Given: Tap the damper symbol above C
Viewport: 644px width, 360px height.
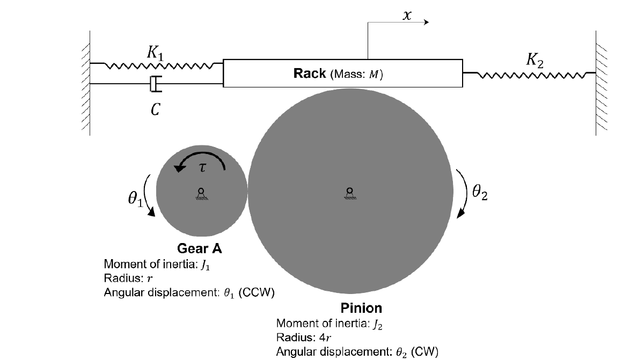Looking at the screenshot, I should coord(155,84).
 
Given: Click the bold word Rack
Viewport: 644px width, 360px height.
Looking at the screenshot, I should coord(310,74).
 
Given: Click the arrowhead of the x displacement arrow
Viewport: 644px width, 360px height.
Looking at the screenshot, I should coord(426,22).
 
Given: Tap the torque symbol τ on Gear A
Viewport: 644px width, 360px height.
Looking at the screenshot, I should coord(202,167).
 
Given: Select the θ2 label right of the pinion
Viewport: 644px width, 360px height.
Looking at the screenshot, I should coord(480,193).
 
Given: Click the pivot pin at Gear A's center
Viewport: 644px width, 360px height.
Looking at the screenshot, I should coord(201,192).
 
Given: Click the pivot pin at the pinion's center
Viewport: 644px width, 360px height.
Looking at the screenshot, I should coord(349,192).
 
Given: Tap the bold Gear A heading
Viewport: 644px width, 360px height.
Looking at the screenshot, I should coord(200,249).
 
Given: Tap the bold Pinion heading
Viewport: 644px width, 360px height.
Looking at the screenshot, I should coord(362,308).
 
